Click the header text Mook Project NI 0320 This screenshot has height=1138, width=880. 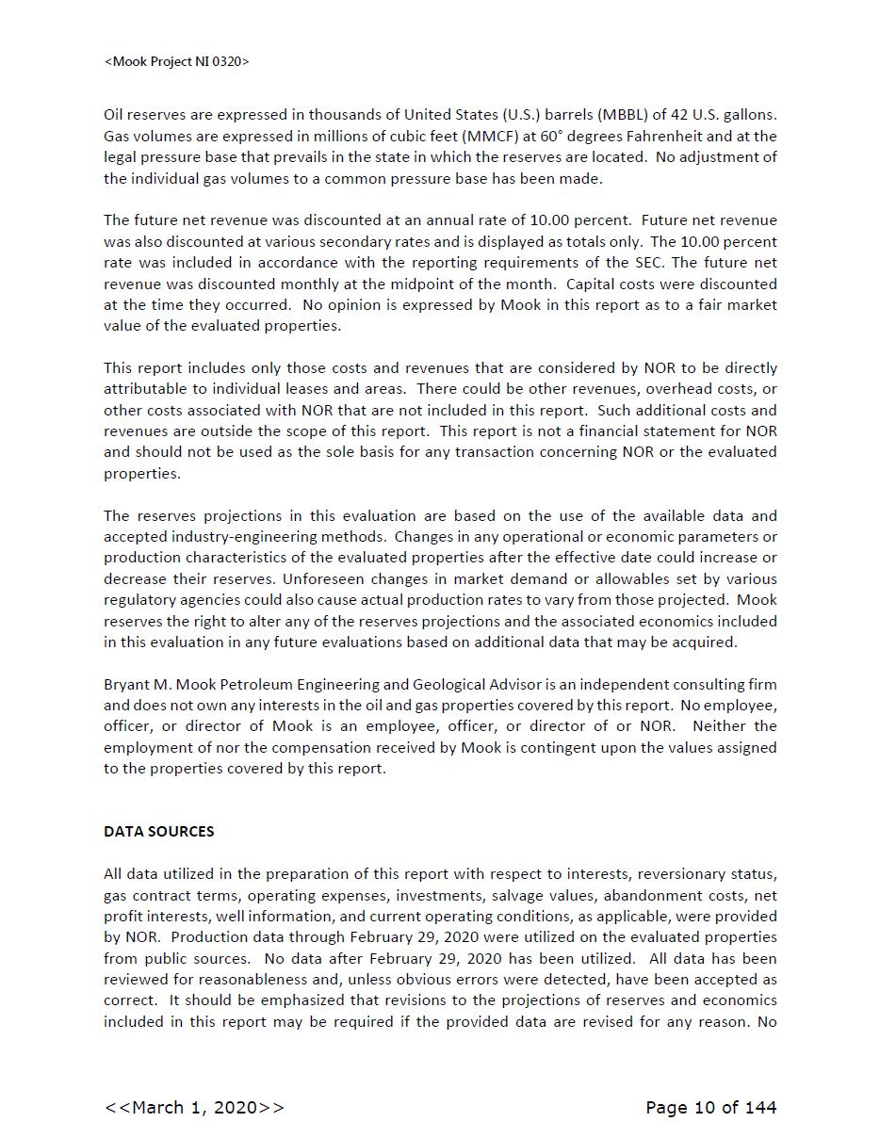pyautogui.click(x=176, y=62)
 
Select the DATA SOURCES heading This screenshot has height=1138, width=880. pyautogui.click(x=158, y=831)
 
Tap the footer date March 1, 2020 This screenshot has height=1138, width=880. pyautogui.click(x=194, y=1108)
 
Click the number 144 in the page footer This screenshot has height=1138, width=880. pyautogui.click(x=759, y=1108)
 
